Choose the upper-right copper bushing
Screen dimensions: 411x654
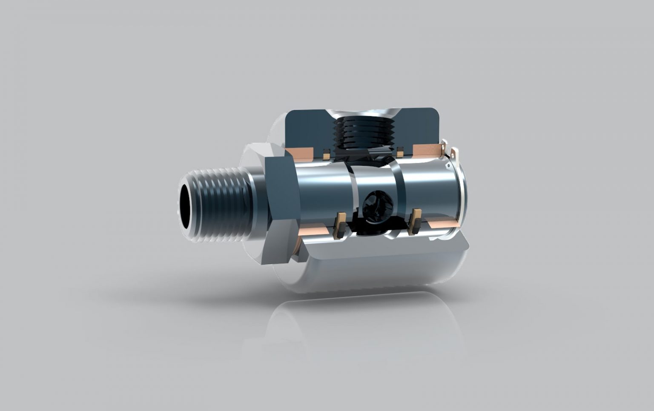pos(427,149)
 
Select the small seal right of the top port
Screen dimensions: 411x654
pos(400,151)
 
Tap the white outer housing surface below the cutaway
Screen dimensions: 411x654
pos(383,268)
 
